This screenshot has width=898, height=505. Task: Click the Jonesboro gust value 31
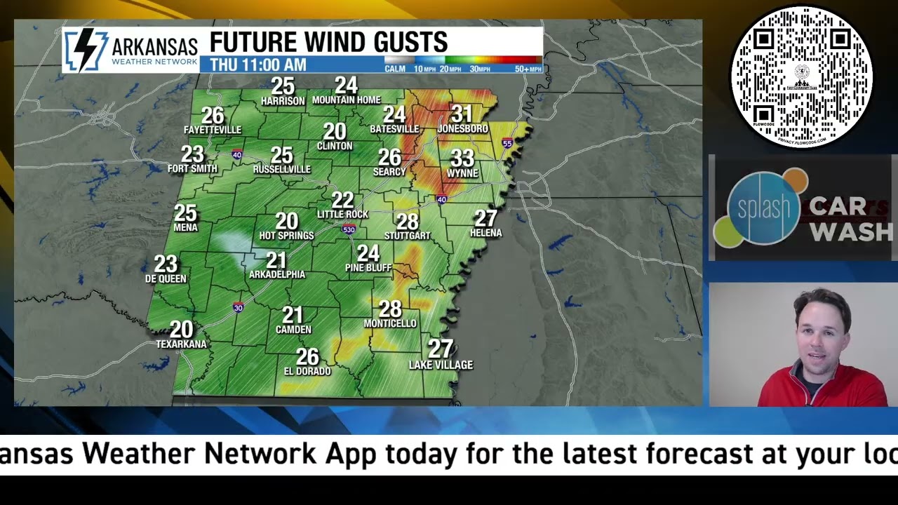462,114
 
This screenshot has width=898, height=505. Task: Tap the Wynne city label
462,173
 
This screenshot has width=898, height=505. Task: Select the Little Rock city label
342,215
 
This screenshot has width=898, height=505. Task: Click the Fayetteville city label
212,130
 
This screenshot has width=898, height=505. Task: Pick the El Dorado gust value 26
307,357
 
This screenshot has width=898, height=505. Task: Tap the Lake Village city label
441,365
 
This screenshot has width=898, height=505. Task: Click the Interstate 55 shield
507,143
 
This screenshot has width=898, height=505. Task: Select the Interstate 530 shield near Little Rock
349,229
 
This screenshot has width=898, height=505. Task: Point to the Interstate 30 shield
239,307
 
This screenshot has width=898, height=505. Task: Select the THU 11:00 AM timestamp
258,65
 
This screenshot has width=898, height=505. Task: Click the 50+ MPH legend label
528,69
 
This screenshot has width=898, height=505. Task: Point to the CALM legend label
395,69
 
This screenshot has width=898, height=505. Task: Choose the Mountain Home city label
346,100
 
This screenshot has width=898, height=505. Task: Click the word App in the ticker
353,453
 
